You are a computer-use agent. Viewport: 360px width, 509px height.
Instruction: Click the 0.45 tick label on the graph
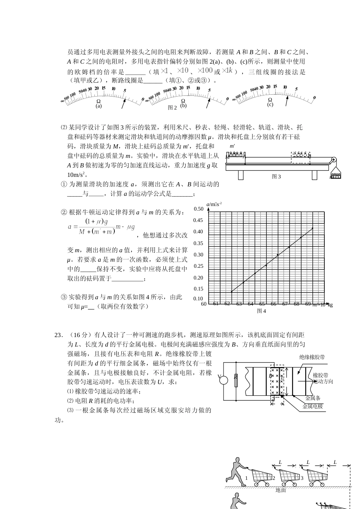[x=198, y=220]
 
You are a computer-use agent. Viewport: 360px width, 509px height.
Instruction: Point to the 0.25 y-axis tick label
[x=198, y=266]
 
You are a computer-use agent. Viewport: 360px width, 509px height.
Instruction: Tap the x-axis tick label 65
[x=262, y=304]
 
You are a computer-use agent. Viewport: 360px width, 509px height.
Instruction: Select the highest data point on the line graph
[x=313, y=228]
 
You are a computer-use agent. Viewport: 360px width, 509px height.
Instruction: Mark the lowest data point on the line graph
[x=232, y=292]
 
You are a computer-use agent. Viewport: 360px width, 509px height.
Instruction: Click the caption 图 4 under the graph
[x=261, y=311]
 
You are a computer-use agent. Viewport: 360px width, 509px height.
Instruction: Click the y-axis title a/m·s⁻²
[x=214, y=204]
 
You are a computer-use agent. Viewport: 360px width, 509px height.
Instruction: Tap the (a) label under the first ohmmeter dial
[x=99, y=106]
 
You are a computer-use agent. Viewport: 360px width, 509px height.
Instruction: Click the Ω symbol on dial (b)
[x=183, y=101]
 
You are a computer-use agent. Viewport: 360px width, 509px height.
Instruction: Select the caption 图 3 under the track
[x=276, y=176]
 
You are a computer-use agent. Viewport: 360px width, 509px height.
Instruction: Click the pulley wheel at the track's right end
[x=334, y=160]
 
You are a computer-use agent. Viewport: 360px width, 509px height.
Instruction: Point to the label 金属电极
[x=313, y=406]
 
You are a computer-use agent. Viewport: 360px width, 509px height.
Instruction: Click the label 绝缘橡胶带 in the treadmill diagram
[x=312, y=357]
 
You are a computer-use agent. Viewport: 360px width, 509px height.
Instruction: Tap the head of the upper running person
[x=238, y=460]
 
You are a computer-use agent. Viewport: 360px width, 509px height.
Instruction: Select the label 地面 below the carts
[x=281, y=490]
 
